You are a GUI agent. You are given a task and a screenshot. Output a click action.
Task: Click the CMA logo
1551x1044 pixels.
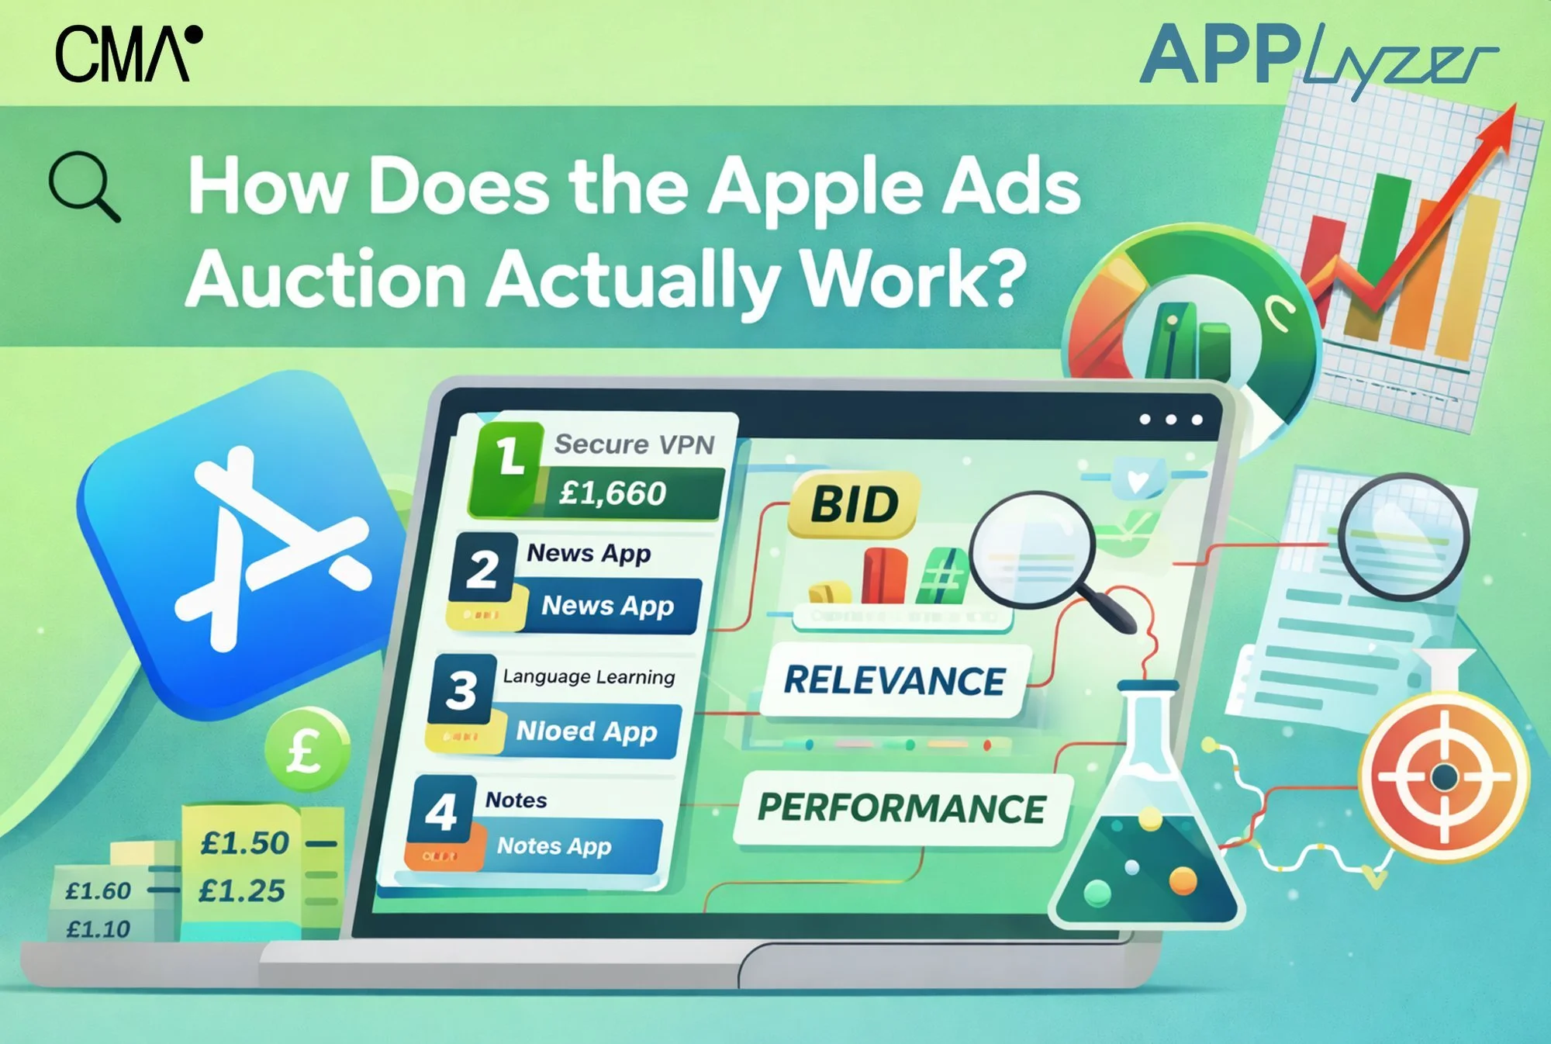point(129,54)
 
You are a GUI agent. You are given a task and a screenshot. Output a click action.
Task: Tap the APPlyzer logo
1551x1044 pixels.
point(1318,58)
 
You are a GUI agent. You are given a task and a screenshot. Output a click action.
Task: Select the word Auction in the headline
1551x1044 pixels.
point(326,279)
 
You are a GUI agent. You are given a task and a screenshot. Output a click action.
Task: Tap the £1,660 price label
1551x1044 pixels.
point(613,493)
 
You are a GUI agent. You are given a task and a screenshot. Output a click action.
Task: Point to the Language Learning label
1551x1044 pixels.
point(589,676)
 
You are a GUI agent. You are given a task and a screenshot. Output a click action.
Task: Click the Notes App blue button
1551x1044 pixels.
point(554,845)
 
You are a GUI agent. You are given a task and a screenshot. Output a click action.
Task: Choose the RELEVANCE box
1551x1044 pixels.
point(895,680)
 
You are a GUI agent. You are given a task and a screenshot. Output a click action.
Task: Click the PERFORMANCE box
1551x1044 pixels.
point(902,807)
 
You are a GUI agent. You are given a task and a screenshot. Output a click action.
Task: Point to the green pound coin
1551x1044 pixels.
point(306,750)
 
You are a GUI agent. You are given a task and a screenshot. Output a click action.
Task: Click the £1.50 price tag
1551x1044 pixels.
point(245,843)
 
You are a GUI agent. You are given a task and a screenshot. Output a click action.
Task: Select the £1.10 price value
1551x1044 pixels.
point(98,928)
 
